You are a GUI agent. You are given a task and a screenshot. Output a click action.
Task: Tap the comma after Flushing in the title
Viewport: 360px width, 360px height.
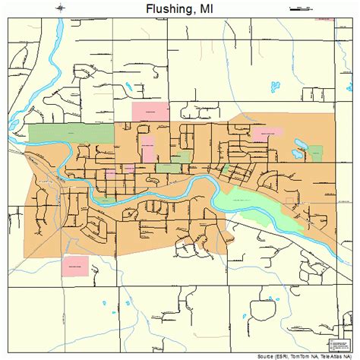tap(195, 13)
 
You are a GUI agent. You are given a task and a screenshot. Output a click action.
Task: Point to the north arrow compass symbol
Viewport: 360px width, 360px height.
tap(60, 9)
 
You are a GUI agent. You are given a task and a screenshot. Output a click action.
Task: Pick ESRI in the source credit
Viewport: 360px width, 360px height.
tap(284, 355)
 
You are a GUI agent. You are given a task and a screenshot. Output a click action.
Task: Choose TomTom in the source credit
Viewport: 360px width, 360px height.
tap(304, 355)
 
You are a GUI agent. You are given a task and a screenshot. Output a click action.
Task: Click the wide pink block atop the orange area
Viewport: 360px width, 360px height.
tap(150, 111)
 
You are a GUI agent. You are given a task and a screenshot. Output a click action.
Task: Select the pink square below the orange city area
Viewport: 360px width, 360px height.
tap(75, 266)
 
